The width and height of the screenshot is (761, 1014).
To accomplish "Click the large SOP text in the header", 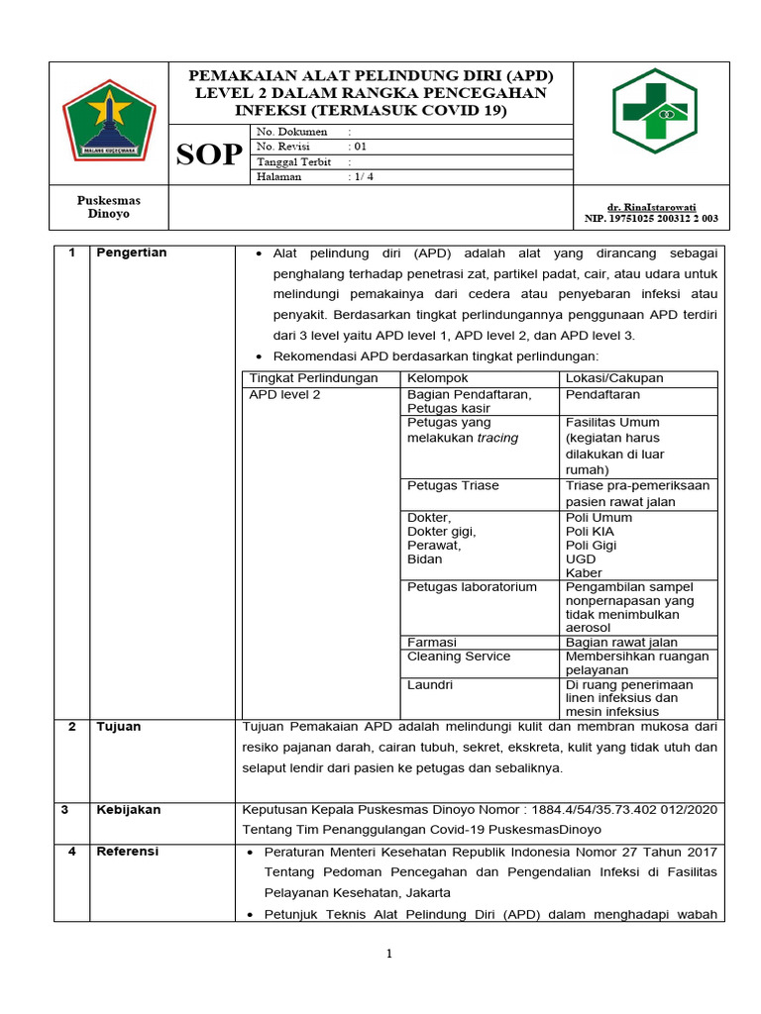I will coord(209,154).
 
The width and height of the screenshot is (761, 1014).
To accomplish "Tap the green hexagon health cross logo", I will coord(655,111).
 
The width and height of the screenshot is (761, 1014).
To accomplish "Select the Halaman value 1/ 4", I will coord(361,177).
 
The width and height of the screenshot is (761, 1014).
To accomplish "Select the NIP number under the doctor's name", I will coord(651,218).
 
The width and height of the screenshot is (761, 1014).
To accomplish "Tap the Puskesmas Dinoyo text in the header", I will coord(109,207).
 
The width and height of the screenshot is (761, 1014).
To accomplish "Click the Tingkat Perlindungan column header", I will coord(313,378).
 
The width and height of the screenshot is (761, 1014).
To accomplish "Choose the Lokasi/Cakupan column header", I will coord(614,378).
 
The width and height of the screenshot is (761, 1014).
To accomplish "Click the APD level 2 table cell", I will coord(284,394).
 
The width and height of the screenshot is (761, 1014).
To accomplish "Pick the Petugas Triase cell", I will coord(453,485).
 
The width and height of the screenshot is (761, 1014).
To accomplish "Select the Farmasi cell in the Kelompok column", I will coord(432,642).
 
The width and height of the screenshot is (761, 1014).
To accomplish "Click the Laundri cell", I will coord(430,684).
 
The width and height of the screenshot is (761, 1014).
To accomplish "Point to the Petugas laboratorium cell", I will coord(472,586).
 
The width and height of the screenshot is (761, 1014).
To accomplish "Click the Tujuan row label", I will coord(118,727).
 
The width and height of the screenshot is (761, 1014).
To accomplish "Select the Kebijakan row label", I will coord(128,809).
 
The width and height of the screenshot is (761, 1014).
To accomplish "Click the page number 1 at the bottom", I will coord(389,954).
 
